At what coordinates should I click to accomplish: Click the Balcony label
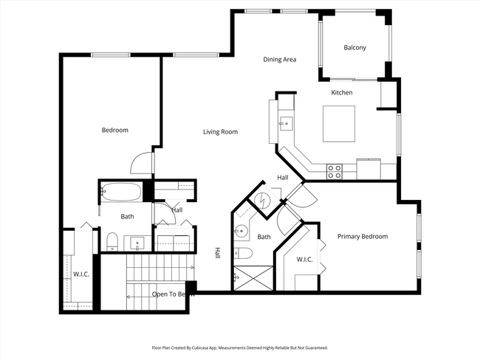click(x=354, y=48)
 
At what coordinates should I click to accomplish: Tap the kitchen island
click(x=339, y=123)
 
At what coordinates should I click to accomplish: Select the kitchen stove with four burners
click(x=335, y=171)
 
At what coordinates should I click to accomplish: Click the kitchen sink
click(x=286, y=123)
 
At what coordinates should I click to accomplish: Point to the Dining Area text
click(x=280, y=59)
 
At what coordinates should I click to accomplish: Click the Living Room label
click(x=220, y=132)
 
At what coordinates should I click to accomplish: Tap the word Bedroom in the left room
click(x=114, y=131)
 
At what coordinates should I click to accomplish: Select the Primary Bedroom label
click(x=363, y=237)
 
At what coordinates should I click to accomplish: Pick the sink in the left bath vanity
click(x=137, y=242)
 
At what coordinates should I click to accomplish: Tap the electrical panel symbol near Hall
click(x=264, y=200)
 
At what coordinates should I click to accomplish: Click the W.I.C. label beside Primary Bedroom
click(x=304, y=260)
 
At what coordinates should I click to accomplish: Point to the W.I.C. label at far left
click(x=80, y=275)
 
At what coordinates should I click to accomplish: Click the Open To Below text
click(x=174, y=294)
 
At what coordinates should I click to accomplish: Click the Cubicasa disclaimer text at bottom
click(x=240, y=347)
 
